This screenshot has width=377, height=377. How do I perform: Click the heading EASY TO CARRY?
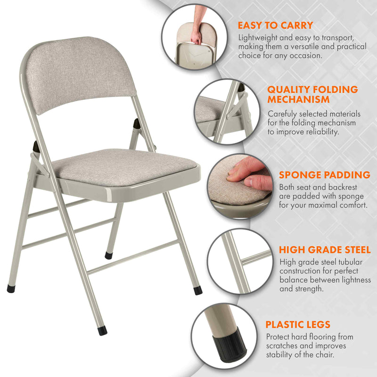275,25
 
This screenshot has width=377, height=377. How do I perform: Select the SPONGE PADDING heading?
325,175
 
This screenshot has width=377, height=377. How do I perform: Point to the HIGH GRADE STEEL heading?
325,250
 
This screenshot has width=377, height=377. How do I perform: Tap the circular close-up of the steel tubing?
240,262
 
